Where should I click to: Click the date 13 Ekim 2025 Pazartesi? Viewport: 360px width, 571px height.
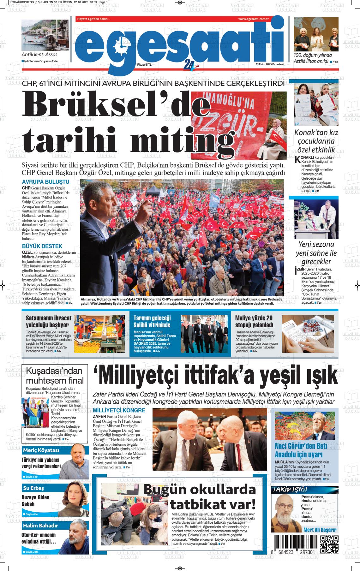(270, 64)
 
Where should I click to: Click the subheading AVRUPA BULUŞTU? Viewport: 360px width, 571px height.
(45, 182)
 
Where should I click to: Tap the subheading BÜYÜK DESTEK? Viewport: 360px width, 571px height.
(42, 246)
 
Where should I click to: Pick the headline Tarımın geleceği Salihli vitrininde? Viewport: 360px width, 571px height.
(152, 321)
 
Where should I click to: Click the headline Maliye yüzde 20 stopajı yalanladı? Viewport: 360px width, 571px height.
(254, 321)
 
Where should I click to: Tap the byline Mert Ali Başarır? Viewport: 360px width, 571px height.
(320, 530)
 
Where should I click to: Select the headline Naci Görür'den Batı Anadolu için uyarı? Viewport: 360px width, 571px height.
(298, 450)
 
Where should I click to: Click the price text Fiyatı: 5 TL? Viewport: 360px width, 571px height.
(144, 64)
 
